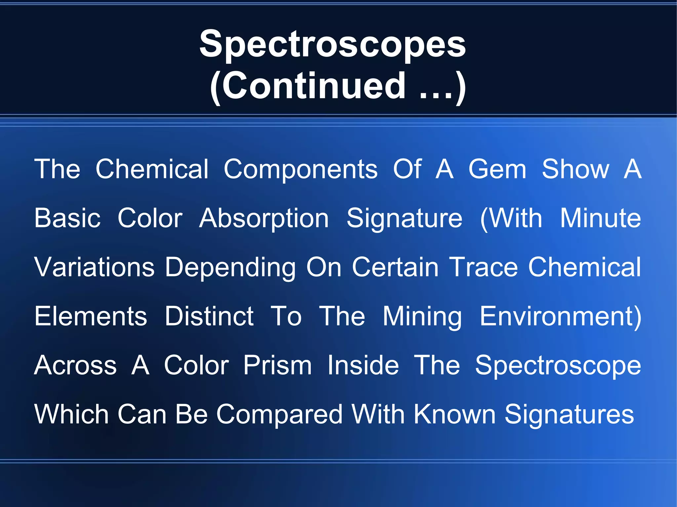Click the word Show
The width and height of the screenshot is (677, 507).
[x=576, y=169]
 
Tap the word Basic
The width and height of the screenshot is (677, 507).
[x=67, y=218]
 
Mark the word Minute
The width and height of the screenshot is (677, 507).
[x=600, y=218]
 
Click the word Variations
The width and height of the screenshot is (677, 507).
[x=95, y=267]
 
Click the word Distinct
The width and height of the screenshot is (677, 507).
[x=209, y=316]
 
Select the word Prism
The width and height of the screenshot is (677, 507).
[x=277, y=366]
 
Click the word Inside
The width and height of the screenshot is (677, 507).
[x=363, y=366]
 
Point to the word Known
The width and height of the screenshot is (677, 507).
[x=455, y=415]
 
